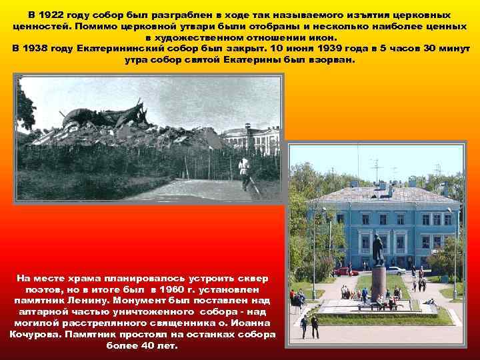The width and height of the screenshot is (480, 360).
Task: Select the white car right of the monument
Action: [395, 270]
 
